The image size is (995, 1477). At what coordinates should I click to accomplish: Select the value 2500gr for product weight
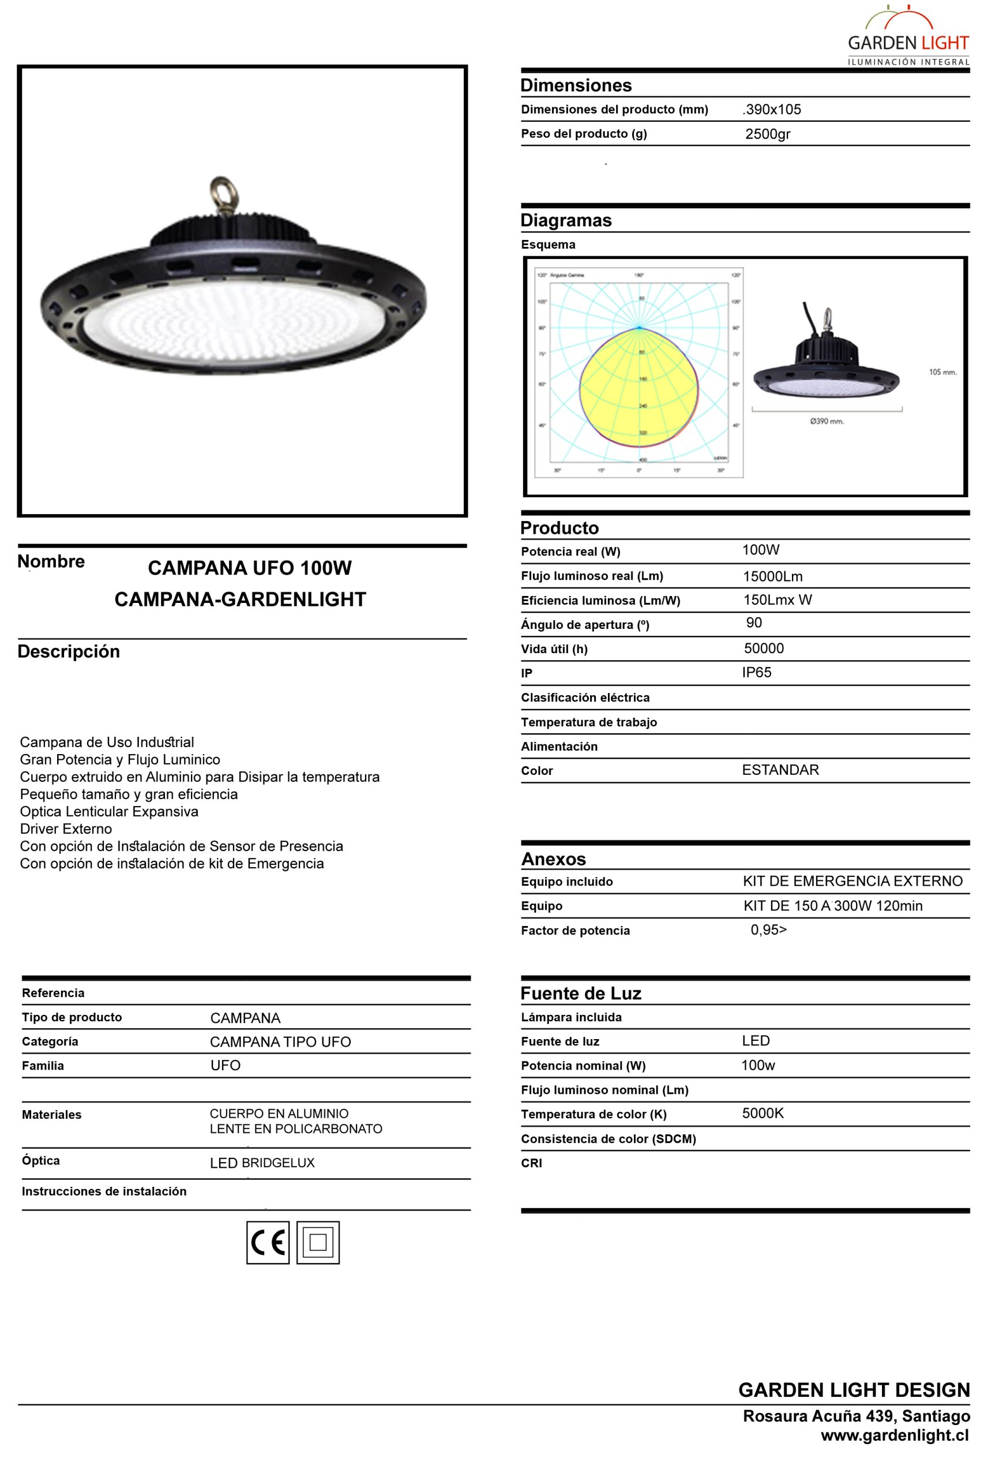[x=767, y=134]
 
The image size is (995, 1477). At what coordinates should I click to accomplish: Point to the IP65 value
[x=756, y=672]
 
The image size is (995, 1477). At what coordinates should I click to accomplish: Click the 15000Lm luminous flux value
[x=772, y=576]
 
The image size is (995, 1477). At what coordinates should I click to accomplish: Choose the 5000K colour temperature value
[x=763, y=1113]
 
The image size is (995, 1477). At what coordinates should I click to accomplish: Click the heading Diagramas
[x=565, y=220]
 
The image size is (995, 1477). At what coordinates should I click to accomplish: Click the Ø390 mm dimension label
[x=827, y=421]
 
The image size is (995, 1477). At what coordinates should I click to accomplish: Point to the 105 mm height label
[x=943, y=372]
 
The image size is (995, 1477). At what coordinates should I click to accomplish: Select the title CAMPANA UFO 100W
[x=249, y=568]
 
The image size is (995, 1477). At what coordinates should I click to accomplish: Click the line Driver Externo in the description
[x=66, y=829]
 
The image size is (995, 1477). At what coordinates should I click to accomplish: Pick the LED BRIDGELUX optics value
[x=262, y=1163]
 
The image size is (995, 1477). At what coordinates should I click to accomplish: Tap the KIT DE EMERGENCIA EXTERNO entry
[x=852, y=881]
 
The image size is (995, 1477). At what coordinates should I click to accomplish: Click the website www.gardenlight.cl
[x=894, y=1435]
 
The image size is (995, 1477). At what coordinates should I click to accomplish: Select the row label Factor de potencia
[x=575, y=931]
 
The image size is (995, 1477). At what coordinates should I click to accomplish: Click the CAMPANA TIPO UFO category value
[x=280, y=1041]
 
